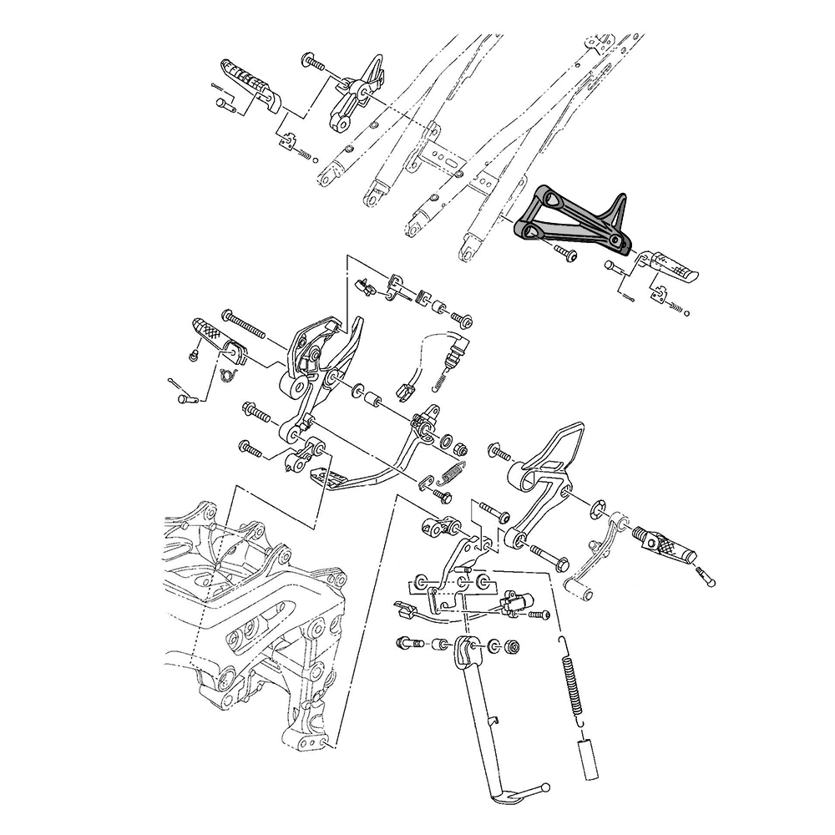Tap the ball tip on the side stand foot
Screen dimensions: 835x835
545,787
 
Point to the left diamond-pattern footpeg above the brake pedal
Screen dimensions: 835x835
216,338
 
